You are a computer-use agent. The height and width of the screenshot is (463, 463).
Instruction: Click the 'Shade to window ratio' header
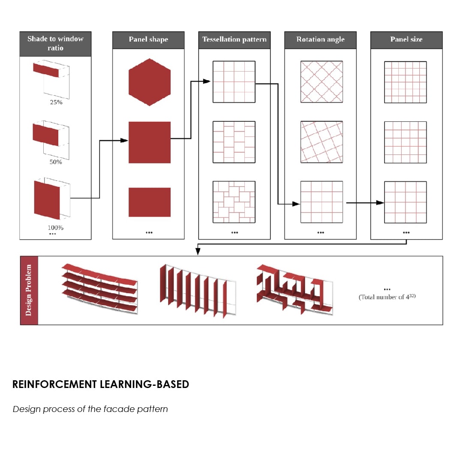point(55,44)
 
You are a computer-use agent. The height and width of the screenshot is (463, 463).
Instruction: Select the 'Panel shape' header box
point(148,40)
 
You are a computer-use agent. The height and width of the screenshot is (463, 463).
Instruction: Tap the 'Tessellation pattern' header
point(234,40)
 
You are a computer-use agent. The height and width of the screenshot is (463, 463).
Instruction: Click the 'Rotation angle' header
point(320,40)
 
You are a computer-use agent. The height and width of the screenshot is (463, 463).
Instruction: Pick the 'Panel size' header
point(406,40)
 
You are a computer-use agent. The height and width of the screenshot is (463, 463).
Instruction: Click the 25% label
point(56,102)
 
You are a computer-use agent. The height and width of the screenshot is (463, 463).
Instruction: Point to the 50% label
point(56,162)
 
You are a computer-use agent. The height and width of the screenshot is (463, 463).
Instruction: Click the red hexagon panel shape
point(150,82)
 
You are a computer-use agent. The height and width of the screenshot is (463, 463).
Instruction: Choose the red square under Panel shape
point(150,142)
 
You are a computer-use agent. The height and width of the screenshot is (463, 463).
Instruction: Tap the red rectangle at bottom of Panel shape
point(150,202)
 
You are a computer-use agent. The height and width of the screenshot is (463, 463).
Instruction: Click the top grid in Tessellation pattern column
point(234,81)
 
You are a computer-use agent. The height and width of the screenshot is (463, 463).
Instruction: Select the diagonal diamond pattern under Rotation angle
point(322,81)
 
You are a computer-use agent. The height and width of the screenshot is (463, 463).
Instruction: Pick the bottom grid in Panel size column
point(405,202)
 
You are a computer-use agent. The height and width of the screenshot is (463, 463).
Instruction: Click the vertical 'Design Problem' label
point(29,290)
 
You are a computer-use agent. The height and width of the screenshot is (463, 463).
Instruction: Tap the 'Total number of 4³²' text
point(387,297)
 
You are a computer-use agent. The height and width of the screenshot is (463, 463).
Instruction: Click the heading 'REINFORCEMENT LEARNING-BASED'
point(101,384)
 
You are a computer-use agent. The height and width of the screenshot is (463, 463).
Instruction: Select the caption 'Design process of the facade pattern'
point(90,409)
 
